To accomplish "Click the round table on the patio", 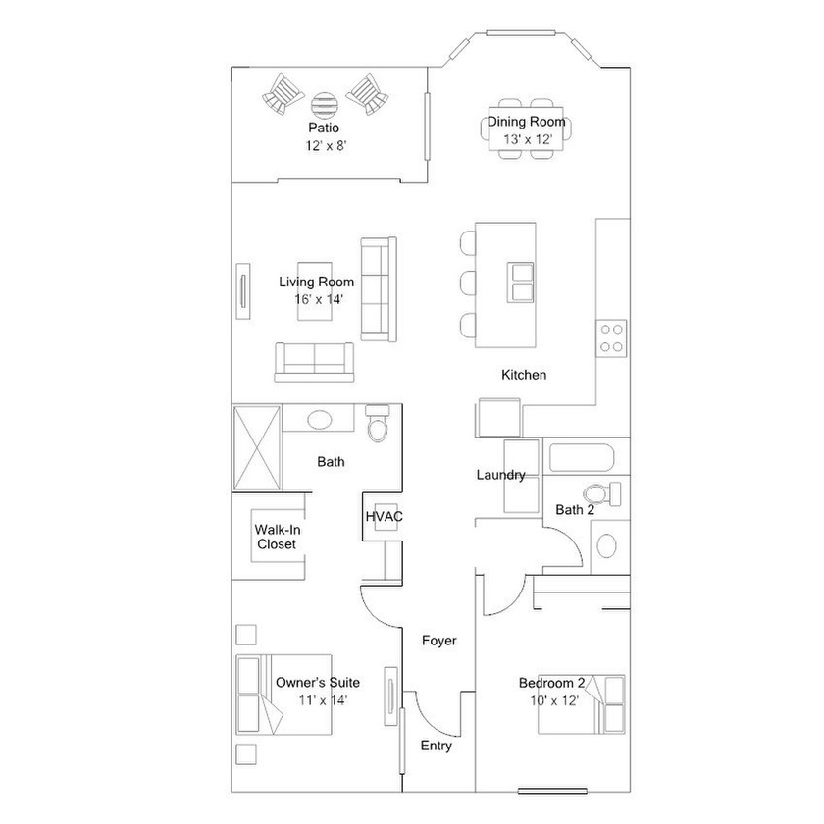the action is (322, 105).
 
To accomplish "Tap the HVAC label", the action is (385, 517).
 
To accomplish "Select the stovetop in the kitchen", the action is (611, 338).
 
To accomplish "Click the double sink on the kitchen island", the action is (520, 283).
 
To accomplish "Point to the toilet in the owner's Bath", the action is (378, 423).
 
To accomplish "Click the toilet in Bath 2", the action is (601, 494).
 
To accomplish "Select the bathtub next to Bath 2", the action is (581, 458).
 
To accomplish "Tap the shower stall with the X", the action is (256, 448).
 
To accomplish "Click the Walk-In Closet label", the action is (278, 537).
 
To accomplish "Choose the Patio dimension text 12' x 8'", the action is (327, 146).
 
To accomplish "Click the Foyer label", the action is (439, 641).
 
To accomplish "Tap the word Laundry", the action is (501, 475).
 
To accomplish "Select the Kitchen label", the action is (524, 375).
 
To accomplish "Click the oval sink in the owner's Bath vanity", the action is (319, 420).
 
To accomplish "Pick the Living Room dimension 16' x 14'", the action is (319, 299).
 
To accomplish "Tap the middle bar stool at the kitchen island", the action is (468, 283).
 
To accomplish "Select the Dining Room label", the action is (526, 122).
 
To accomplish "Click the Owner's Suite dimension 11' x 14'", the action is (323, 700).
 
